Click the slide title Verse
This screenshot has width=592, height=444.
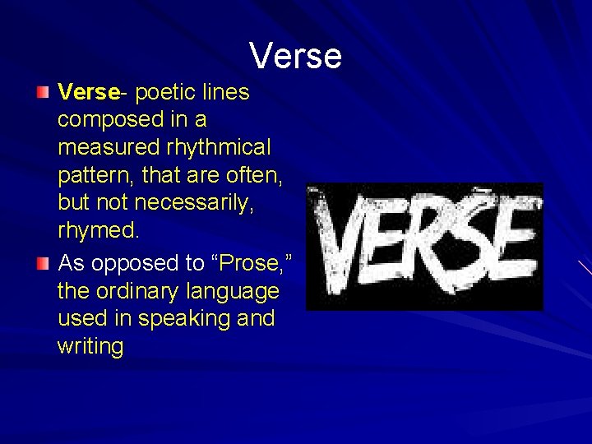[295, 56]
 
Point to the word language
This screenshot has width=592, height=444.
[238, 292]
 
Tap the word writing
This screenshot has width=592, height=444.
[90, 346]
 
